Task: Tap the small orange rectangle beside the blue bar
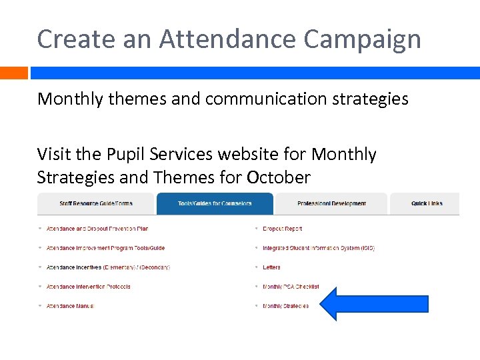click(x=13, y=73)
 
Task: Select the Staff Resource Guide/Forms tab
click(x=96, y=203)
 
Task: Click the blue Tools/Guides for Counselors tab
click(x=215, y=203)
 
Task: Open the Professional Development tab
click(x=331, y=203)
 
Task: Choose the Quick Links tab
click(x=427, y=203)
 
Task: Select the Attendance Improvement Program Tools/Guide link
click(x=105, y=248)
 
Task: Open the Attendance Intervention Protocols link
click(x=88, y=287)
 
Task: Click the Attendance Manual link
click(x=70, y=306)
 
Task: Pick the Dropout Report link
click(x=282, y=229)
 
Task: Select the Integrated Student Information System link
click(x=319, y=248)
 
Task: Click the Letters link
click(x=271, y=267)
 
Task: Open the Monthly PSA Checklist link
click(x=291, y=287)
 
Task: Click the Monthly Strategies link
click(x=285, y=306)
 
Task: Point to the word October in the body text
click(x=278, y=178)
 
